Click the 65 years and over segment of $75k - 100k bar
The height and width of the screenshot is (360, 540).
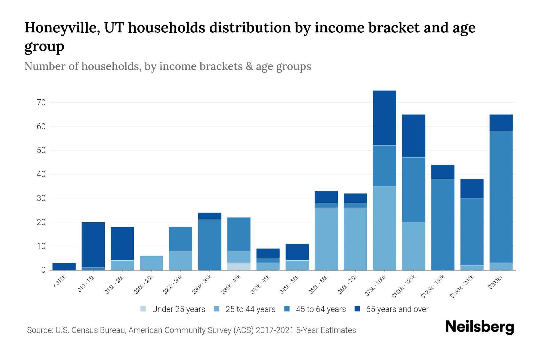click(x=384, y=118)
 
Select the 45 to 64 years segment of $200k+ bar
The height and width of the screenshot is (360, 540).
click(x=501, y=197)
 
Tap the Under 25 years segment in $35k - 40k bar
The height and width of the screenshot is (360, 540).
click(x=239, y=266)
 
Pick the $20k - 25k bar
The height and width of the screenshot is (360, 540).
click(x=151, y=263)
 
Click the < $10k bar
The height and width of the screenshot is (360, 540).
click(x=64, y=266)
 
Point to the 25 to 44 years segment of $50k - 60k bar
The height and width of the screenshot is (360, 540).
click(x=326, y=239)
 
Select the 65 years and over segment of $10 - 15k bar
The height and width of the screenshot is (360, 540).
click(x=93, y=245)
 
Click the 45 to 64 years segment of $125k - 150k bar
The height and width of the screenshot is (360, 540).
click(x=442, y=224)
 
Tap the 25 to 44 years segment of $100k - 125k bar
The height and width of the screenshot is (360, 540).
click(x=413, y=246)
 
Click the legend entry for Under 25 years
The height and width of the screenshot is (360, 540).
click(x=178, y=309)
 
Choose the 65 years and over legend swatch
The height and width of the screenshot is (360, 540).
click(x=357, y=309)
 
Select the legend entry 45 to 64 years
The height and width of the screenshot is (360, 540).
click(x=320, y=309)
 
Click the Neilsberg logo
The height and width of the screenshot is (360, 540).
click(x=479, y=327)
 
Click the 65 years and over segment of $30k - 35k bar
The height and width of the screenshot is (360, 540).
click(x=210, y=216)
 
